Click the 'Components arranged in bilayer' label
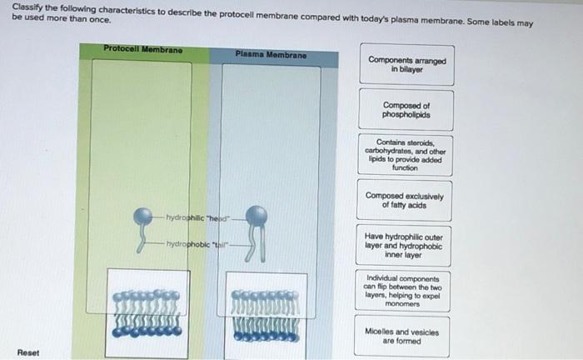coord(406,66)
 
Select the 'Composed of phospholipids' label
coord(406,110)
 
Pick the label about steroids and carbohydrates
coord(406,154)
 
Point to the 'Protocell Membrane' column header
coord(143,49)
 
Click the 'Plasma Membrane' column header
coord(271,55)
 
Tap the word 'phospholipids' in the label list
coord(406,115)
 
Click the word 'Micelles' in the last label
coord(381,330)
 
